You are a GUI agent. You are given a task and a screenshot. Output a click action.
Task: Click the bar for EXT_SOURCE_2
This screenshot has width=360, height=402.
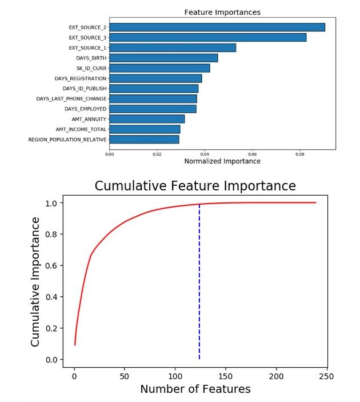tap(217, 27)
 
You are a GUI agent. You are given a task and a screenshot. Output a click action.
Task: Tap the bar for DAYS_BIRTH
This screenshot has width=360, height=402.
tap(163, 58)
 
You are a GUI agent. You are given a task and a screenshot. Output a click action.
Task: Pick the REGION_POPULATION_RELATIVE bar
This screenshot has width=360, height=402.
tap(144, 140)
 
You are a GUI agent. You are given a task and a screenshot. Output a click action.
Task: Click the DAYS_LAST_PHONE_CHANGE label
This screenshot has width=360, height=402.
tap(71, 99)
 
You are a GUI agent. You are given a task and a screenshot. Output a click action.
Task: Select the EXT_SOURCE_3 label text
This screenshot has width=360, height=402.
tap(87, 37)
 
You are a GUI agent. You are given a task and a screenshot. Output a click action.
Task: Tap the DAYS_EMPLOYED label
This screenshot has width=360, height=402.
tap(85, 109)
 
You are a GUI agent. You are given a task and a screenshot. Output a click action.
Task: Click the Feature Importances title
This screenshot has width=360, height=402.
tap(222, 12)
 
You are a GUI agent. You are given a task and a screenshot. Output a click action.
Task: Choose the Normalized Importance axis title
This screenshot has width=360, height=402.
tap(222, 161)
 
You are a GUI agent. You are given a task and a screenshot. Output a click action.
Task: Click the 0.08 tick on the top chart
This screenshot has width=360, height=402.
tap(299, 153)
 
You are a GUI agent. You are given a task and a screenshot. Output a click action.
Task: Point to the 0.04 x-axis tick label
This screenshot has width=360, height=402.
tap(205, 153)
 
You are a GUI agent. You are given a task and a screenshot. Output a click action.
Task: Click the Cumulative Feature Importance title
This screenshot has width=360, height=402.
tap(195, 186)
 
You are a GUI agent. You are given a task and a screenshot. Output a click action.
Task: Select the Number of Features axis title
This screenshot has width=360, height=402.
tap(195, 389)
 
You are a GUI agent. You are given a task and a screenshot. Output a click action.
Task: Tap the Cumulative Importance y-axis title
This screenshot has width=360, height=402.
tap(35, 281)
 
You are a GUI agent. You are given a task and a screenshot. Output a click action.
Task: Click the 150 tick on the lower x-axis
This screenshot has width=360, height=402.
tap(226, 376)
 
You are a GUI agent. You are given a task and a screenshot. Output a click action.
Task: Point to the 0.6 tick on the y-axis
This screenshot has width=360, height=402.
tap(51, 265)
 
